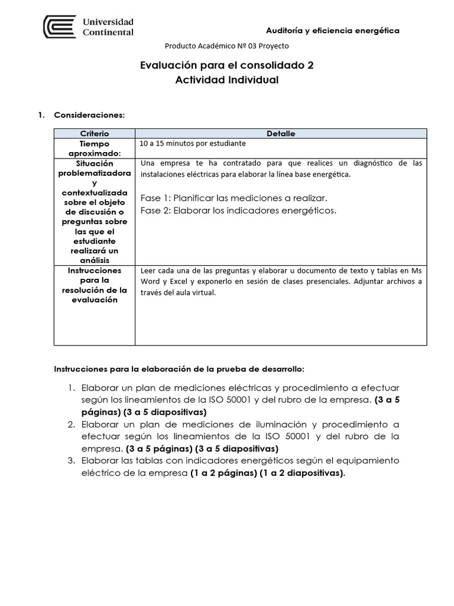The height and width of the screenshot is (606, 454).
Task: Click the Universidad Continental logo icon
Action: [59, 27]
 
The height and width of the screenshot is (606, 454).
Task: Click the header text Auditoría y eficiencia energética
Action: [333, 30]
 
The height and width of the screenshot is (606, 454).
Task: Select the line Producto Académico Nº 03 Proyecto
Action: [226, 46]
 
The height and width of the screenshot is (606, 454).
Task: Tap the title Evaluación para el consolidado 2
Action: [226, 66]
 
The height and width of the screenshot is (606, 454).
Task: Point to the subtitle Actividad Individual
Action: [226, 80]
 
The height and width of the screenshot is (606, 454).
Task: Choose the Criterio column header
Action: [94, 134]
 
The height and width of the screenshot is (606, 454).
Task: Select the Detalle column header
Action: [281, 134]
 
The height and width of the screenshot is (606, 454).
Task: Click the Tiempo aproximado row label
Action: [94, 148]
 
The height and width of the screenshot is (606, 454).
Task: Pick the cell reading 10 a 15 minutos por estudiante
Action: [193, 143]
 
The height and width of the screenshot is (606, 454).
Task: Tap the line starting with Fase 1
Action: [234, 198]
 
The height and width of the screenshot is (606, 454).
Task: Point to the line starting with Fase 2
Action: [239, 210]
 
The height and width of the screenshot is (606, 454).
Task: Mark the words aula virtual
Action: [197, 293]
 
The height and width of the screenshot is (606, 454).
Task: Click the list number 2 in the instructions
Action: [70, 424]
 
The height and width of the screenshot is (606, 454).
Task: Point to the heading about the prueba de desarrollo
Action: [179, 369]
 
